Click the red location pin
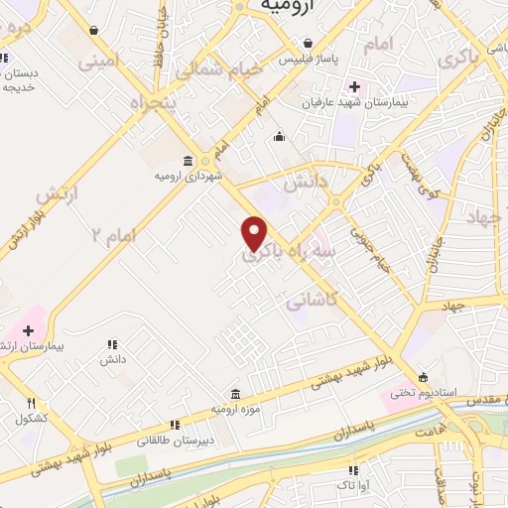(x=255, y=232)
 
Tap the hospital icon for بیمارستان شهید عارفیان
(x=354, y=86)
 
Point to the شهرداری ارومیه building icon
(x=189, y=161)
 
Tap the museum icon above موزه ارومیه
(x=235, y=393)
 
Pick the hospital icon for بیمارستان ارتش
(x=28, y=330)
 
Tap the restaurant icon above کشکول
(x=32, y=403)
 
